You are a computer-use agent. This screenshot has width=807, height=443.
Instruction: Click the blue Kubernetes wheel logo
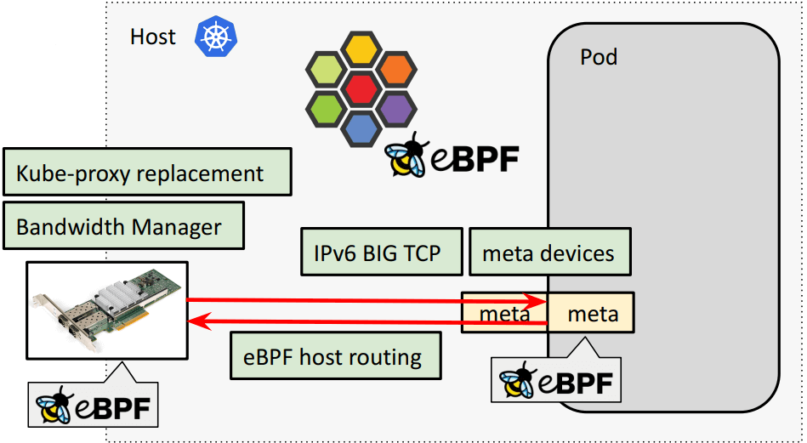[216, 37]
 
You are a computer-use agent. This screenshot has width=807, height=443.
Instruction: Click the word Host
[153, 37]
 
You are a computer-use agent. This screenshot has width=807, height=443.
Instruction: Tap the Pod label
[599, 57]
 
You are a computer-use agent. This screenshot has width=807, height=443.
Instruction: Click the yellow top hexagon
[361, 48]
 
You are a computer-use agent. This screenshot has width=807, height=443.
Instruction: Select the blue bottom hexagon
[361, 128]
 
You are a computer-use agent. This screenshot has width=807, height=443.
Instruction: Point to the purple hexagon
[395, 108]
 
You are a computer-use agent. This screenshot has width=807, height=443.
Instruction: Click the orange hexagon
[395, 68]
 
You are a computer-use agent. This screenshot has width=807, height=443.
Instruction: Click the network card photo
[107, 310]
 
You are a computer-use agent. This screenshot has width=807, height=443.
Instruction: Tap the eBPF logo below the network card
[94, 406]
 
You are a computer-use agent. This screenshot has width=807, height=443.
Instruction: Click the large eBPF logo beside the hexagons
[451, 156]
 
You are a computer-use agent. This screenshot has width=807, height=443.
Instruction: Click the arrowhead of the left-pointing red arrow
[196, 321]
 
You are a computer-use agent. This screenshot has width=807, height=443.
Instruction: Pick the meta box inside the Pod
[592, 314]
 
